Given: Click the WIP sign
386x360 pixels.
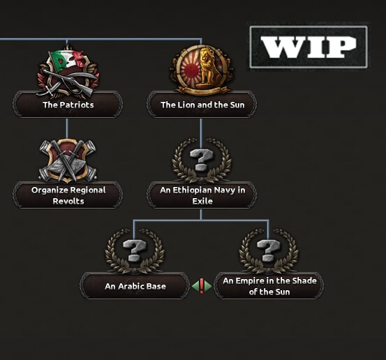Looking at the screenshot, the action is pos(309,47).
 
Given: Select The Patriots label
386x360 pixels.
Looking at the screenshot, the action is pos(68,105).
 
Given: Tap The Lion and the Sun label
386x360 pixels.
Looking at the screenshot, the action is pos(202,105).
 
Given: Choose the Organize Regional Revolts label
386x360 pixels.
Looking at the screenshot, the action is pos(68,195).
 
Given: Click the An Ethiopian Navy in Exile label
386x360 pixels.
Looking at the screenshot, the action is pos(202,195).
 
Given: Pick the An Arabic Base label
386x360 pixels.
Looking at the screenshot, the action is pos(135,286).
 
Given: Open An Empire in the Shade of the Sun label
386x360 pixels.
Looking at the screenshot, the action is pos(269,286).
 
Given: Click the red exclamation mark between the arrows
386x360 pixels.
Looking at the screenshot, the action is pos(202,286).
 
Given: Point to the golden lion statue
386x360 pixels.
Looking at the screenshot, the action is pos(209,67).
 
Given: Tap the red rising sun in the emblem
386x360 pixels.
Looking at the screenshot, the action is pos(190,69).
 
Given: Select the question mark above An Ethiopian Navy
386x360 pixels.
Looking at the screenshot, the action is pos(201,160).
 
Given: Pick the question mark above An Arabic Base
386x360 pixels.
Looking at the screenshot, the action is pos(135,250).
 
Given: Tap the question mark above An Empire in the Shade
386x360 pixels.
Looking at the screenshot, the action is pos(268,250).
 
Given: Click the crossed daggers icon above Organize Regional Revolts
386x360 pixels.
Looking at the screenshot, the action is pos(68,160).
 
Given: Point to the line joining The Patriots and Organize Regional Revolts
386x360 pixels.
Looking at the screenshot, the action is pos(67,128).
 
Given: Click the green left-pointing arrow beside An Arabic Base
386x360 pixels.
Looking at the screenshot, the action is pos(195,286).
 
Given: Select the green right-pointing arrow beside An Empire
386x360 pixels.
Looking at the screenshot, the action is pos(208,286).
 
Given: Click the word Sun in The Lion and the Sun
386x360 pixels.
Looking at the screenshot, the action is pos(237,105).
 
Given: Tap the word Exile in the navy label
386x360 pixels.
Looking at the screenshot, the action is pos(202,201).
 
